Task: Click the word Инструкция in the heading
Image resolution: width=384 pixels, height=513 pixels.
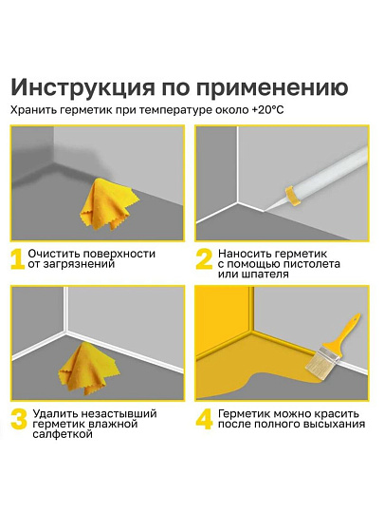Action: (82, 87)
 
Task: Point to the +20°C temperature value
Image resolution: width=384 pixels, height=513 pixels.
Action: (267, 110)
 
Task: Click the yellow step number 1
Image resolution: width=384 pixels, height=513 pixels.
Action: (17, 259)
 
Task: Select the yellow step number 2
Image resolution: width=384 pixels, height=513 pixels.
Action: (204, 259)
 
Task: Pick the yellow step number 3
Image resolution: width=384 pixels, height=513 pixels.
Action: (19, 420)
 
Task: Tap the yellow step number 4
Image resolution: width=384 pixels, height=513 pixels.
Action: (205, 420)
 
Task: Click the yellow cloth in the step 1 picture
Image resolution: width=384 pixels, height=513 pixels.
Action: (108, 203)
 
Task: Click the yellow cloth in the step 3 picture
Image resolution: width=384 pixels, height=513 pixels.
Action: (87, 369)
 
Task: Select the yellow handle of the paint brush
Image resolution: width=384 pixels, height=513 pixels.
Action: (347, 331)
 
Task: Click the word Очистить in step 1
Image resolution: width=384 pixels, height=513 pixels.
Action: (54, 254)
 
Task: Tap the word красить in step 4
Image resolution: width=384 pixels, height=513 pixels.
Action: (337, 414)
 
